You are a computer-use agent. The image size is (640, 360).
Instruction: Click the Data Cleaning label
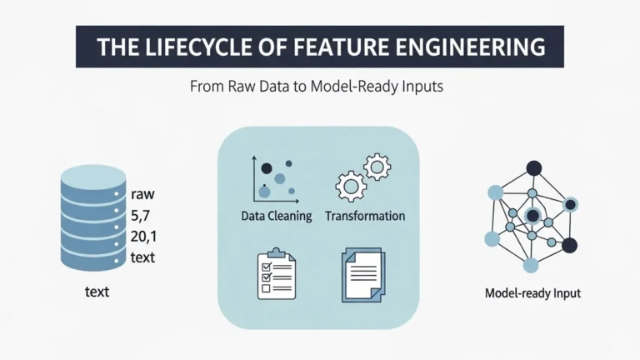[x=276, y=216]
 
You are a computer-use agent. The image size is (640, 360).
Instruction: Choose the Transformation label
[x=365, y=216]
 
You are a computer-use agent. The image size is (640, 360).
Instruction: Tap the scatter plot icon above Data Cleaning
[x=274, y=178]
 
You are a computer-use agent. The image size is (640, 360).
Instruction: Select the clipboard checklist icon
[x=275, y=276]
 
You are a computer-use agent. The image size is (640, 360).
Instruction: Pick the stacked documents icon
[x=364, y=276]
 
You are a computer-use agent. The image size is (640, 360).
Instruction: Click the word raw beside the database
[x=143, y=194]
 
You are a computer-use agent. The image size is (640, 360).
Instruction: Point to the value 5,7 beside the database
[x=142, y=215]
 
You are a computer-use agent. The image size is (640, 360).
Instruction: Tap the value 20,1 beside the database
[x=144, y=236]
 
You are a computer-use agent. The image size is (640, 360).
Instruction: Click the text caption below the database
[x=97, y=292]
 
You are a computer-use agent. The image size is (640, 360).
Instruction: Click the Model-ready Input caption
[x=532, y=293]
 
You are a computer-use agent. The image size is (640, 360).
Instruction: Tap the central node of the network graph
[x=532, y=216]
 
